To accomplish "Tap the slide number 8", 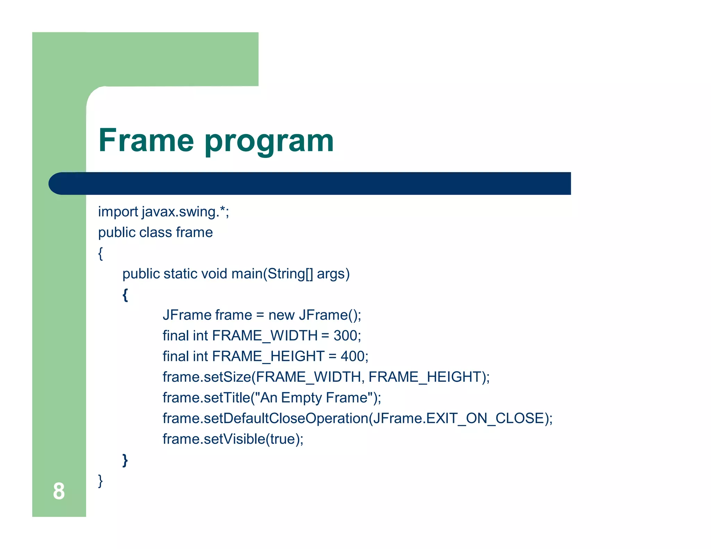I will [x=59, y=491].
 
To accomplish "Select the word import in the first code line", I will [x=118, y=212].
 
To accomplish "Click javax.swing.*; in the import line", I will [x=185, y=212].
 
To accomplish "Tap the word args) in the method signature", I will [x=333, y=274].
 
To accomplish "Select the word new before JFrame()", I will [x=281, y=315].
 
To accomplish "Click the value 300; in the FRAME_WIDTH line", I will [x=347, y=336].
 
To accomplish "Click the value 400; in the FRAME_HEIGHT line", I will [x=354, y=356].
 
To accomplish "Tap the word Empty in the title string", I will [x=301, y=398].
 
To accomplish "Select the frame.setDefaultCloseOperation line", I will [x=357, y=418].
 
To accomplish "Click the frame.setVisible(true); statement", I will [x=233, y=439].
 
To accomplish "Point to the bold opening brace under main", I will [x=125, y=295].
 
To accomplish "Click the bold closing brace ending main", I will [x=125, y=460].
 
